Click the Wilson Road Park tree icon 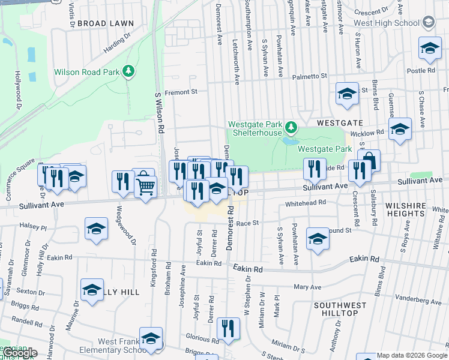point(127,71)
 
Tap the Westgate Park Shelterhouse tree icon point(291,127)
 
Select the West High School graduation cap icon point(428,23)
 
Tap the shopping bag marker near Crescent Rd point(370,161)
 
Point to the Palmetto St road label point(309,77)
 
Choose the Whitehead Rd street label point(306,203)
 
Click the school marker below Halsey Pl point(96,230)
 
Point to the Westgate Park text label point(324,148)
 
